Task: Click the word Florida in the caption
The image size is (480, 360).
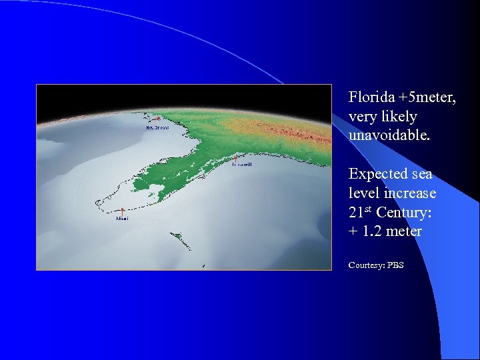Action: (369, 97)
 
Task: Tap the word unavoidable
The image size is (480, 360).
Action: (389, 135)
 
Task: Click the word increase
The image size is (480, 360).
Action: (411, 193)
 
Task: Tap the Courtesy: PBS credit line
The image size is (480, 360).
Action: (375, 265)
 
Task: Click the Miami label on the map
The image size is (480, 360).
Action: (123, 218)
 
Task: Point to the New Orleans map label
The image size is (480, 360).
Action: (157, 127)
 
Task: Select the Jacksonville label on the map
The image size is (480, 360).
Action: (241, 165)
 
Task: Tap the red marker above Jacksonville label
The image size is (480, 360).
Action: (236, 159)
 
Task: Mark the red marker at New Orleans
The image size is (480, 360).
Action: (157, 119)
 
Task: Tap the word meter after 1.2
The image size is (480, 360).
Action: (404, 231)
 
